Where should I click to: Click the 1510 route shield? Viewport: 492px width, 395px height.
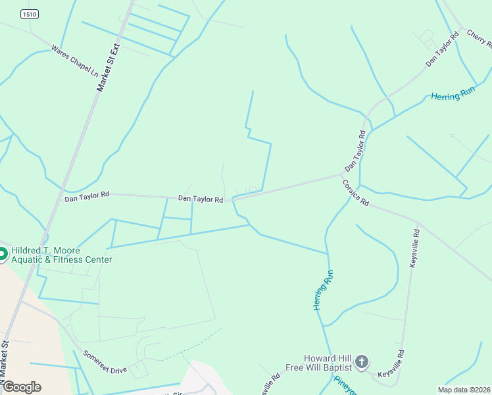coord(28,14)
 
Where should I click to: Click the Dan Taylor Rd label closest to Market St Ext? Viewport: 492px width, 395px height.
coord(87,196)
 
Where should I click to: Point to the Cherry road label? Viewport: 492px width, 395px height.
coord(479,38)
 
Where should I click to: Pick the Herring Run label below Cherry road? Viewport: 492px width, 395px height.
coord(453,93)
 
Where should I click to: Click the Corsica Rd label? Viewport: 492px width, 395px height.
coord(356,194)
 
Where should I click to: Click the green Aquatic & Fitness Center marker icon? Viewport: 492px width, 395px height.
coord(3,253)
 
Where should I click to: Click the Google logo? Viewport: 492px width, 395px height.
coord(22,386)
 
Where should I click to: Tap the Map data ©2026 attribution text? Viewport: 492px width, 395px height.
coord(464,390)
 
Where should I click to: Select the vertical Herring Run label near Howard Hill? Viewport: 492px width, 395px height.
coord(322,290)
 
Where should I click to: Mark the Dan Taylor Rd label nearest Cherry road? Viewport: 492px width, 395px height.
coord(441,49)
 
